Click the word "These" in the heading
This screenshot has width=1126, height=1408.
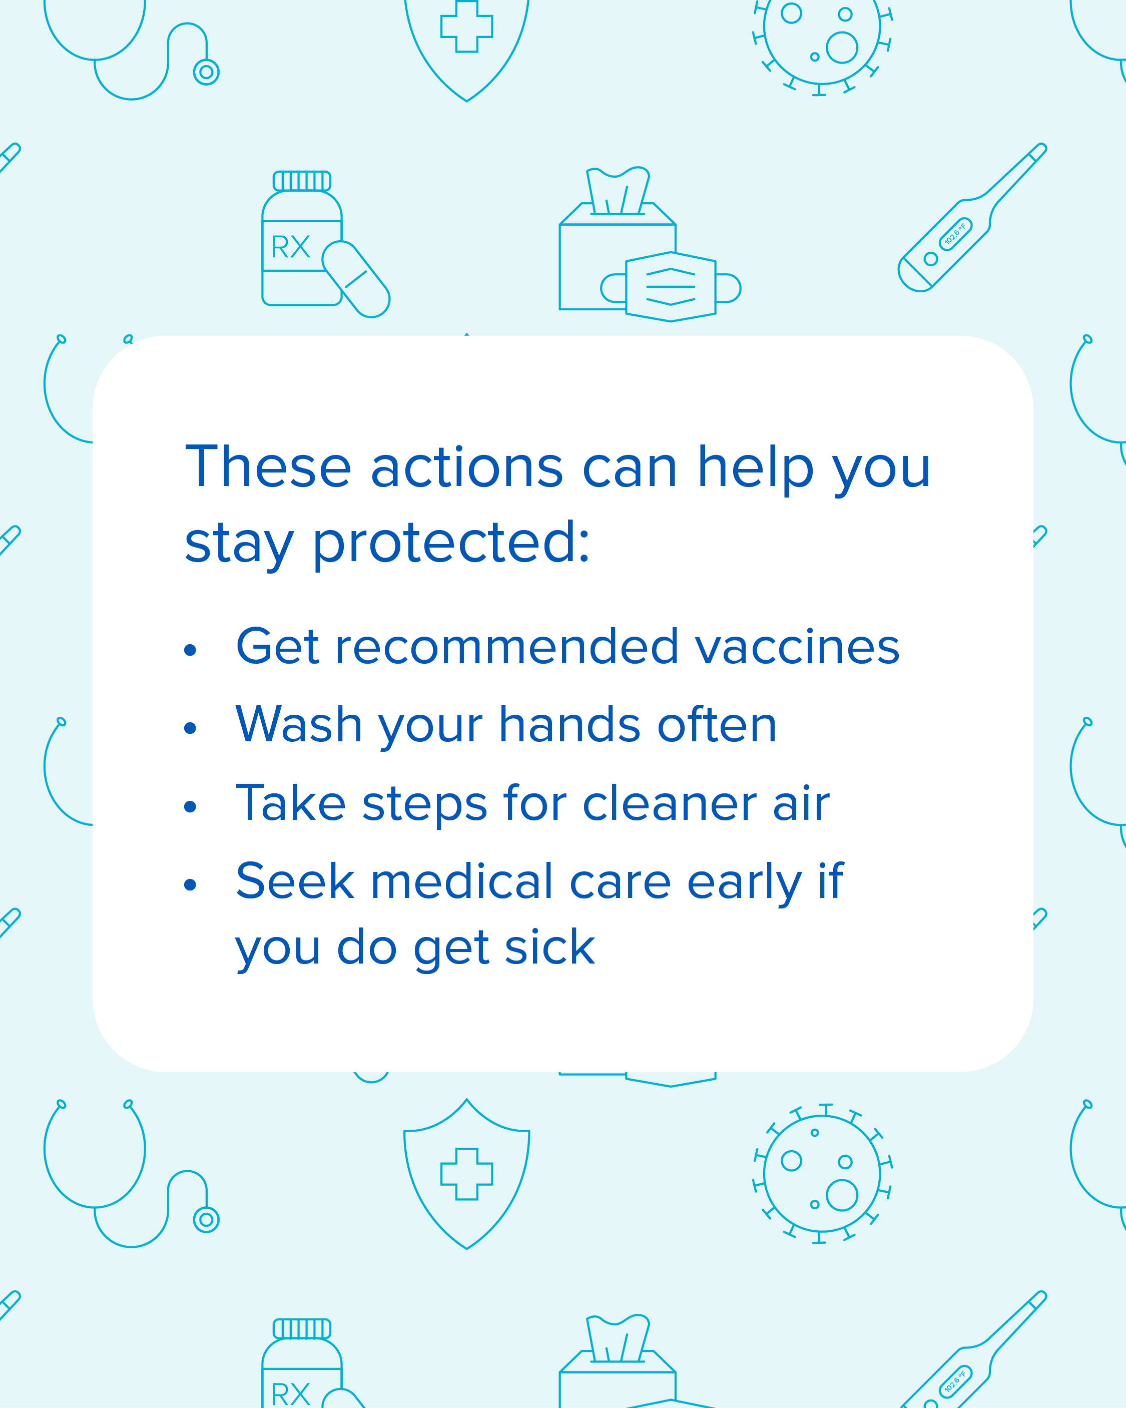point(268,467)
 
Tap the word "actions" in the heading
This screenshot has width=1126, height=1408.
point(466,467)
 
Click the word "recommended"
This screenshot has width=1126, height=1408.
point(507,647)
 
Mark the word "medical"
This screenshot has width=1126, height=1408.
point(462,881)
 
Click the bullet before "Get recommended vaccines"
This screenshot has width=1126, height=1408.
point(190,649)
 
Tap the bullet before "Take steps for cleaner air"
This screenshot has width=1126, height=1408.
point(190,806)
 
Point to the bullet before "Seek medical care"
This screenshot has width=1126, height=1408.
point(190,885)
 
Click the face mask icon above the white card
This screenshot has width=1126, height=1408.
point(671,287)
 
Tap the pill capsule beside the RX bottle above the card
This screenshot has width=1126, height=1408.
point(356,279)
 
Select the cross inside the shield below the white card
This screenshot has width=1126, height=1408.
point(466,1174)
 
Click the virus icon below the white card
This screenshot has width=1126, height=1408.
point(822,1174)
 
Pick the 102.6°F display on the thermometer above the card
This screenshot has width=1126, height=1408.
point(955,234)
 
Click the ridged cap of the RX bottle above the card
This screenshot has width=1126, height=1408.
point(302,181)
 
